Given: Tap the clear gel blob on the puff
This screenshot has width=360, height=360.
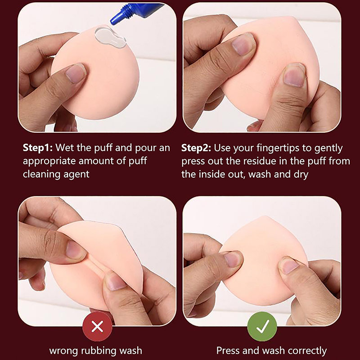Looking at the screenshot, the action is (x=109, y=37).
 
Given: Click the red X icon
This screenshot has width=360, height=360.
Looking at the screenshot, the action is (x=97, y=326).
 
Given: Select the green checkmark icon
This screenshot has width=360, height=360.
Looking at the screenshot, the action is (x=262, y=326).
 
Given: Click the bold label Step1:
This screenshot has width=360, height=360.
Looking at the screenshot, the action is (x=38, y=148).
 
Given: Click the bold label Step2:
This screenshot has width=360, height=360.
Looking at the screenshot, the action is (x=196, y=148).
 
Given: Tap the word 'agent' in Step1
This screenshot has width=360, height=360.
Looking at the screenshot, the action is (x=76, y=175).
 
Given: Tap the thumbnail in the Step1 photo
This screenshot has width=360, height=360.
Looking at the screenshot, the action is (x=75, y=73).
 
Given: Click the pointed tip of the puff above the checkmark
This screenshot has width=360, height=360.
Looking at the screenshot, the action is (x=265, y=216).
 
